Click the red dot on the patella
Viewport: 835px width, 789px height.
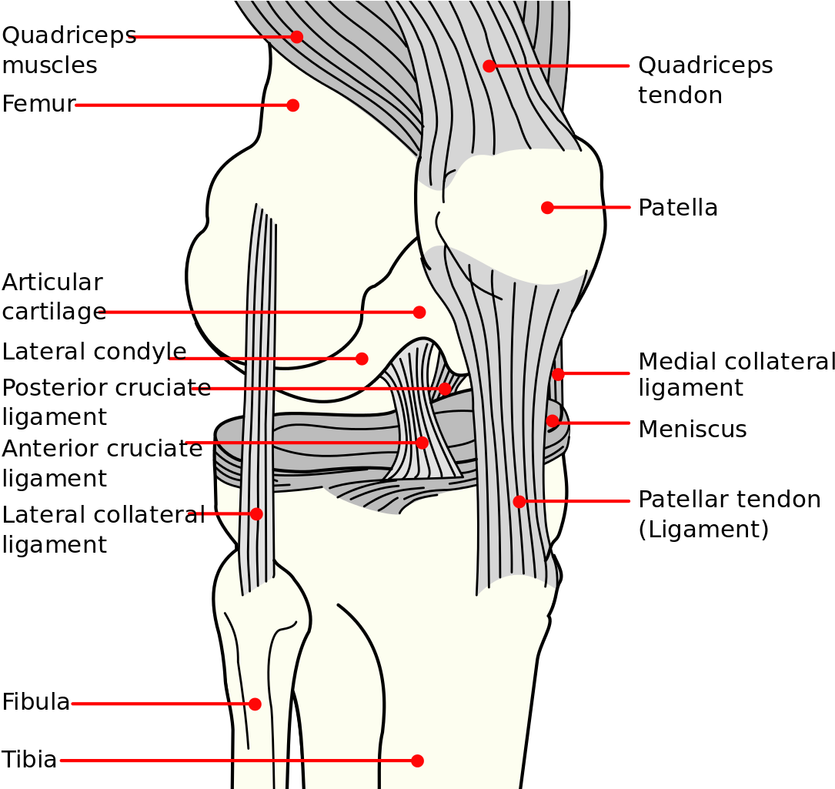[x=547, y=207]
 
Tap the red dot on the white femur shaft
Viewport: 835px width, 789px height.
[x=292, y=105]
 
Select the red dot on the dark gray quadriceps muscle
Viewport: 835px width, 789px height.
[x=296, y=36]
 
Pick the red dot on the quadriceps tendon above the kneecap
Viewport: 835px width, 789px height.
[x=489, y=65]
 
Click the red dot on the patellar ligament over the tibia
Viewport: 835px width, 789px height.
[x=519, y=501]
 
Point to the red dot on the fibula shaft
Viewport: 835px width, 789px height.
[x=255, y=704]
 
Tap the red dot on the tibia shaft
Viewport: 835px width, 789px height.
[x=417, y=761]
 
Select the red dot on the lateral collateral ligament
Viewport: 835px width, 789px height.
[x=256, y=513]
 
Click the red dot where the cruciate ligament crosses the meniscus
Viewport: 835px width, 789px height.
[x=422, y=443]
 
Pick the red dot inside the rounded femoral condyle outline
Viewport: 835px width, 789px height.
[x=362, y=358]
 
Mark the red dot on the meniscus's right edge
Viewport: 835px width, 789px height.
[x=552, y=420]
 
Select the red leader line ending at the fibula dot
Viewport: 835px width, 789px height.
[x=162, y=704]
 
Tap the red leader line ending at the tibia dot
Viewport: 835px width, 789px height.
[x=231, y=761]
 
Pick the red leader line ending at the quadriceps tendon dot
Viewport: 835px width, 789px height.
[x=562, y=65]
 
